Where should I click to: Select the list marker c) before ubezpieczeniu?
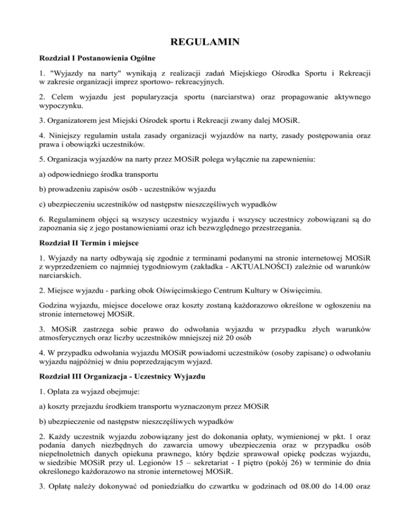pos(44,204)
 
